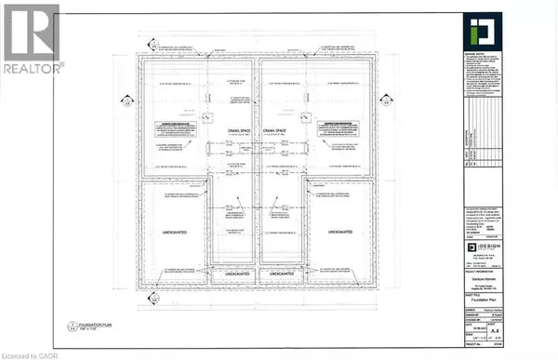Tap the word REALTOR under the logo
[x=33, y=67]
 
